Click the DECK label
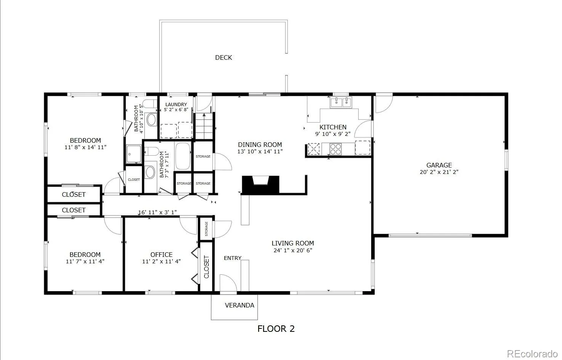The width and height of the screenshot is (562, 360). tap(224, 58)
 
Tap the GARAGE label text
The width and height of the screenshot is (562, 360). tap(439, 165)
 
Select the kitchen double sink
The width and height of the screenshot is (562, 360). tap(341, 102)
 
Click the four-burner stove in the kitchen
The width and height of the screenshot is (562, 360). tap(335, 149)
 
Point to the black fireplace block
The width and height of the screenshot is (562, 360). tap(260, 185)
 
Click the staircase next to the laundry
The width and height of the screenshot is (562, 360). tap(204, 126)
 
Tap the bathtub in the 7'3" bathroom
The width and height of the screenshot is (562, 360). tap(183, 156)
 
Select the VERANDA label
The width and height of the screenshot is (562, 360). tap(239, 305)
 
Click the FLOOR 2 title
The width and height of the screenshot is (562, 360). tap(276, 329)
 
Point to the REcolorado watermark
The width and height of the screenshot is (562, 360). tap(532, 354)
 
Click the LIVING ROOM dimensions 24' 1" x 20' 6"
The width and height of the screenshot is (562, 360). tap(293, 250)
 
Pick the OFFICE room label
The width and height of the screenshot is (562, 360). tap(161, 255)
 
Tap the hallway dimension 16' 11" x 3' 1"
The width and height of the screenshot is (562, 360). tap(157, 212)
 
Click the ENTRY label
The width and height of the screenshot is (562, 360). tap(233, 258)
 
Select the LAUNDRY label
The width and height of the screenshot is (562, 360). tap(176, 105)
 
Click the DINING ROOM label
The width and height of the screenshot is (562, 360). tap(260, 145)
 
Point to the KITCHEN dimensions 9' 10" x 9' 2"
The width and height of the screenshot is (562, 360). tap(333, 134)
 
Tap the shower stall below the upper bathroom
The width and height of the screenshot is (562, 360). tap(134, 154)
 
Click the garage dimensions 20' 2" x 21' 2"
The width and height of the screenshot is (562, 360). tap(439, 172)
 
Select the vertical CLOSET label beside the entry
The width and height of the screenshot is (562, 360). tap(206, 267)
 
